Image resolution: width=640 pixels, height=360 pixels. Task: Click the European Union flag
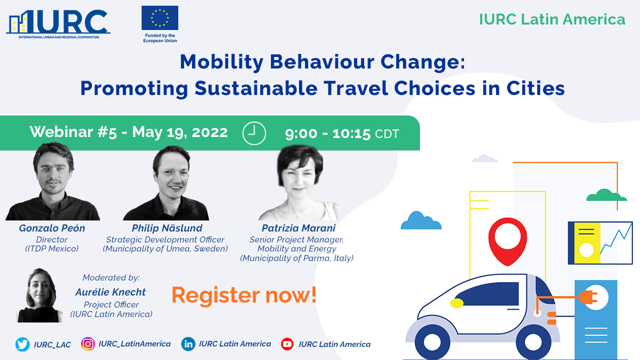click(x=160, y=17)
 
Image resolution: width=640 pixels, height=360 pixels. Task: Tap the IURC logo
click(x=58, y=24)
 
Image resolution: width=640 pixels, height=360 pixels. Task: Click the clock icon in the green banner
click(x=254, y=133)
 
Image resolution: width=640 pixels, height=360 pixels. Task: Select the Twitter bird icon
click(x=22, y=344)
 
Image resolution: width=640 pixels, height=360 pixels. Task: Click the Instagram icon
click(x=88, y=344)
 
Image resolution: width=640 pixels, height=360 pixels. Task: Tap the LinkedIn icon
click(x=188, y=344)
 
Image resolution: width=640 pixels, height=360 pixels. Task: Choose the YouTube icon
click(x=287, y=344)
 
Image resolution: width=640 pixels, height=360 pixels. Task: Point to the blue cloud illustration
click(x=421, y=220)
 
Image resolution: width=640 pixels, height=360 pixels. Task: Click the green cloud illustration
click(x=606, y=195)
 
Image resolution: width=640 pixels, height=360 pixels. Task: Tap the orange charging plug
click(x=588, y=297)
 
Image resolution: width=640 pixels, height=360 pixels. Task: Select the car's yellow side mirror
click(x=457, y=303)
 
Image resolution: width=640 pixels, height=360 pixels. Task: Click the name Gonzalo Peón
click(x=52, y=228)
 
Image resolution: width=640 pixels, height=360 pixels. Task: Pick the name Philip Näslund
click(x=167, y=228)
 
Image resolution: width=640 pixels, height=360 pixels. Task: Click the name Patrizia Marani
click(x=298, y=228)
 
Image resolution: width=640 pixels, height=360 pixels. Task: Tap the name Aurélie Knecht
click(x=110, y=292)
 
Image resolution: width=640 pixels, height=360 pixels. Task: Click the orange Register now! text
click(x=244, y=295)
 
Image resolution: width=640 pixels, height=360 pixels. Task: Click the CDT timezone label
click(x=387, y=133)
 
